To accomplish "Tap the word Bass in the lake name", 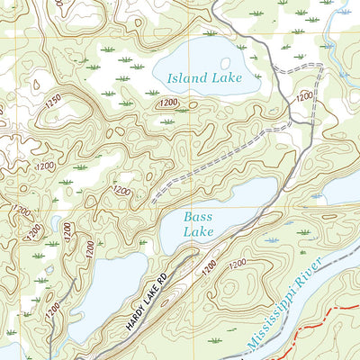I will [197, 217].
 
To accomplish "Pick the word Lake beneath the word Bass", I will [198, 232].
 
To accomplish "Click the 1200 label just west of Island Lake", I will [166, 103].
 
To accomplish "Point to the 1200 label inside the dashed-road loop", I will [304, 94].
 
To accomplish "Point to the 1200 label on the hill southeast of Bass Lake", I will [237, 263].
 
